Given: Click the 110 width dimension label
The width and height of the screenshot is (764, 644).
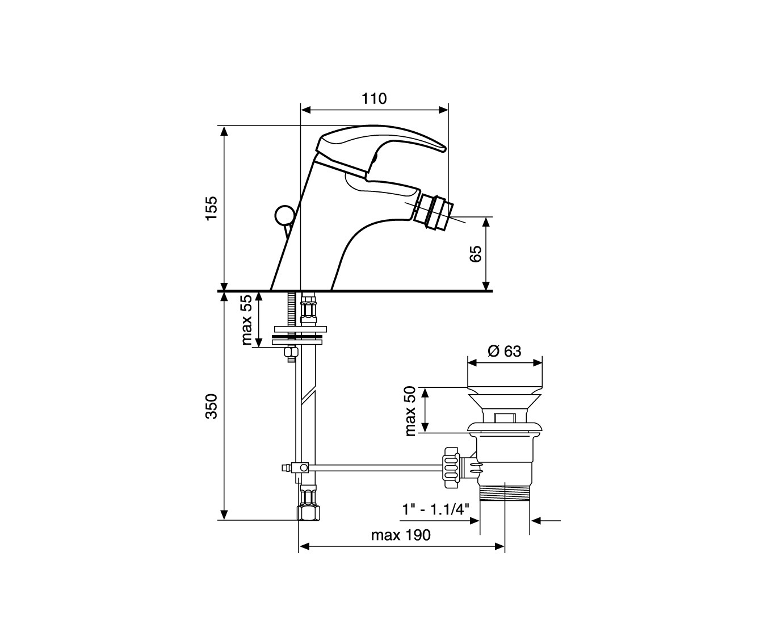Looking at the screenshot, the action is coord(374,98).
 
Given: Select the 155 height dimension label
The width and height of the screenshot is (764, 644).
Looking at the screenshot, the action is coord(212,208).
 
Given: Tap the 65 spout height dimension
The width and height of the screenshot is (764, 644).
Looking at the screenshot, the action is coord(475,253).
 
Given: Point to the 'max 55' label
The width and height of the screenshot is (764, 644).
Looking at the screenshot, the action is coord(247,320).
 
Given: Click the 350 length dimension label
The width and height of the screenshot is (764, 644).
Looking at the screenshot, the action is coord(212,407).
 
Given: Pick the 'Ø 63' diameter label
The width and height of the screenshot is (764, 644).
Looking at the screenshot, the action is coord(504,351).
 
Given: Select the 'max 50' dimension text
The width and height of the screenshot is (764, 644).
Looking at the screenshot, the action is coord(410,411).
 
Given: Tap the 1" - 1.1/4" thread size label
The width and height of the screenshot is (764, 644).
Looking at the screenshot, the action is coord(435,509).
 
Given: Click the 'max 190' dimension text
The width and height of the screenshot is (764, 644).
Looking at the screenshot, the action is coord(401,536).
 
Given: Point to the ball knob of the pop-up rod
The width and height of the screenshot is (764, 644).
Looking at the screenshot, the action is coord(284,215).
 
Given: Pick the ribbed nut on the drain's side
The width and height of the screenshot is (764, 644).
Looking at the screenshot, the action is coord(451,467).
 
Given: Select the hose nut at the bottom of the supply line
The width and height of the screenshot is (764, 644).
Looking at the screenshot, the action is coord(308,513).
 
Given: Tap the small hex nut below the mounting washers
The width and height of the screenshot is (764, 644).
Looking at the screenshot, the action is coord(291,353).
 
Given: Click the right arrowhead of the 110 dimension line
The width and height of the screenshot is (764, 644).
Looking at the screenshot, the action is coord(443,110).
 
